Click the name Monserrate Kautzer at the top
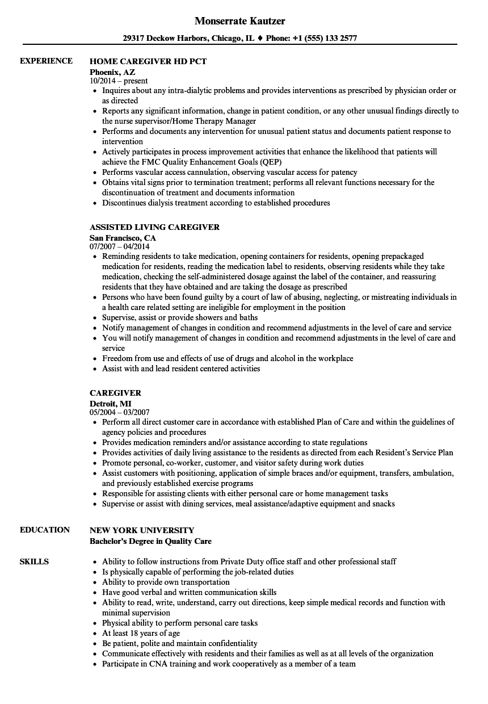tap(239, 21)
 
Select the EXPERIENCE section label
tap(46, 61)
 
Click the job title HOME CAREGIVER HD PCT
tap(148, 61)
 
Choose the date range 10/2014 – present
tap(119, 81)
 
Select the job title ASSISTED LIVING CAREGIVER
tap(154, 227)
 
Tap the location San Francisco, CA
tap(123, 238)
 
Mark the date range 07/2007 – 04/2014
tap(120, 247)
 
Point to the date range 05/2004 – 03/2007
tap(120, 413)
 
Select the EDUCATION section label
tap(45, 530)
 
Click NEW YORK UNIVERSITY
tap(142, 530)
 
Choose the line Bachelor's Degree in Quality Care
tap(150, 541)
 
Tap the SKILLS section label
tap(34, 561)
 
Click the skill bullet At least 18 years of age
tap(141, 633)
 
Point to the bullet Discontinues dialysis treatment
tap(216, 203)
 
